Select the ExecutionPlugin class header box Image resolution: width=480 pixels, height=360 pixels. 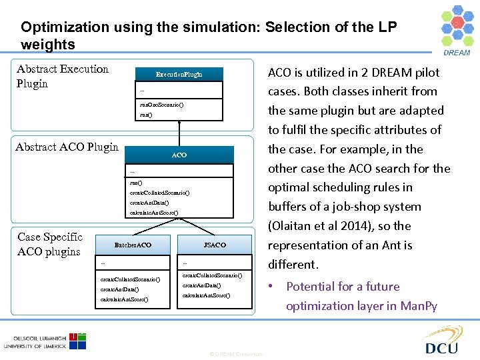pyautogui.click(x=179, y=74)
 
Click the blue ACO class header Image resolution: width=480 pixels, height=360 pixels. pyautogui.click(x=179, y=155)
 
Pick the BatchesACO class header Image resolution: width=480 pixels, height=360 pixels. pyautogui.click(x=133, y=245)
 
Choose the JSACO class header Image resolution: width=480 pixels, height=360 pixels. pyautogui.click(x=215, y=245)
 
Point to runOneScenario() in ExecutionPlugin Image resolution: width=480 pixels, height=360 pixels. pyautogui.click(x=162, y=105)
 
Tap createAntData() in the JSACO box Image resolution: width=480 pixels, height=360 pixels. pyautogui.click(x=201, y=285)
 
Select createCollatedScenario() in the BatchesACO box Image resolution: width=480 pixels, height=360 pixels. pyautogui.click(x=130, y=279)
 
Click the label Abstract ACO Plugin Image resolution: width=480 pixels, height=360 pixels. pyautogui.click(x=67, y=147)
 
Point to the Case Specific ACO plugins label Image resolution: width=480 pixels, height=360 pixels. pyautogui.click(x=50, y=244)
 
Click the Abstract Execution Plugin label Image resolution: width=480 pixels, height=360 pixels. pyautogui.click(x=62, y=76)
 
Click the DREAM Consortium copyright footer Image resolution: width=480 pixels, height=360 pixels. pyautogui.click(x=236, y=353)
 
